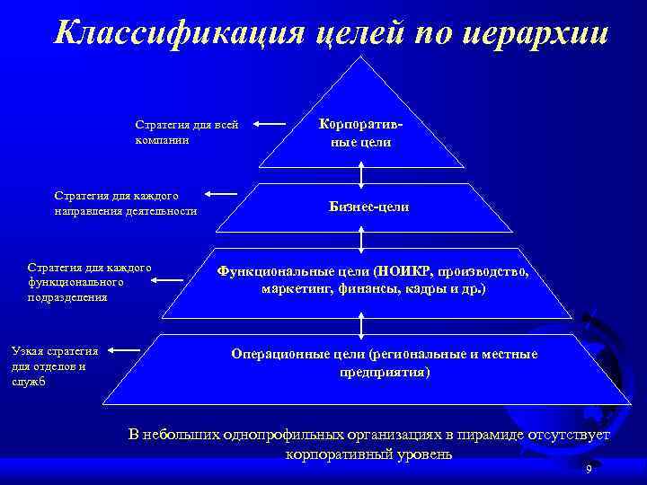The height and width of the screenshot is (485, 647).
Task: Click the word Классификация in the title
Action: point(180,32)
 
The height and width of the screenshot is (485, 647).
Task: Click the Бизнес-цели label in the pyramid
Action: point(368,207)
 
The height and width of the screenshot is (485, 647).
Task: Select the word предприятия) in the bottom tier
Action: point(385,371)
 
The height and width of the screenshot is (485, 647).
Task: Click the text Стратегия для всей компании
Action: point(186,132)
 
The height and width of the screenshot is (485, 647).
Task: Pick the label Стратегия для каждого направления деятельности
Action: point(125,202)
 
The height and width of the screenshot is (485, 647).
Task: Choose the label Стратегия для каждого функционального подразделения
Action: point(88,281)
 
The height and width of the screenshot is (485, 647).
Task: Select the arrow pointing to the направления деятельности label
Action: point(221,193)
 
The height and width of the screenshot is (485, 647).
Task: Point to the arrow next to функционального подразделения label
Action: point(175,280)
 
